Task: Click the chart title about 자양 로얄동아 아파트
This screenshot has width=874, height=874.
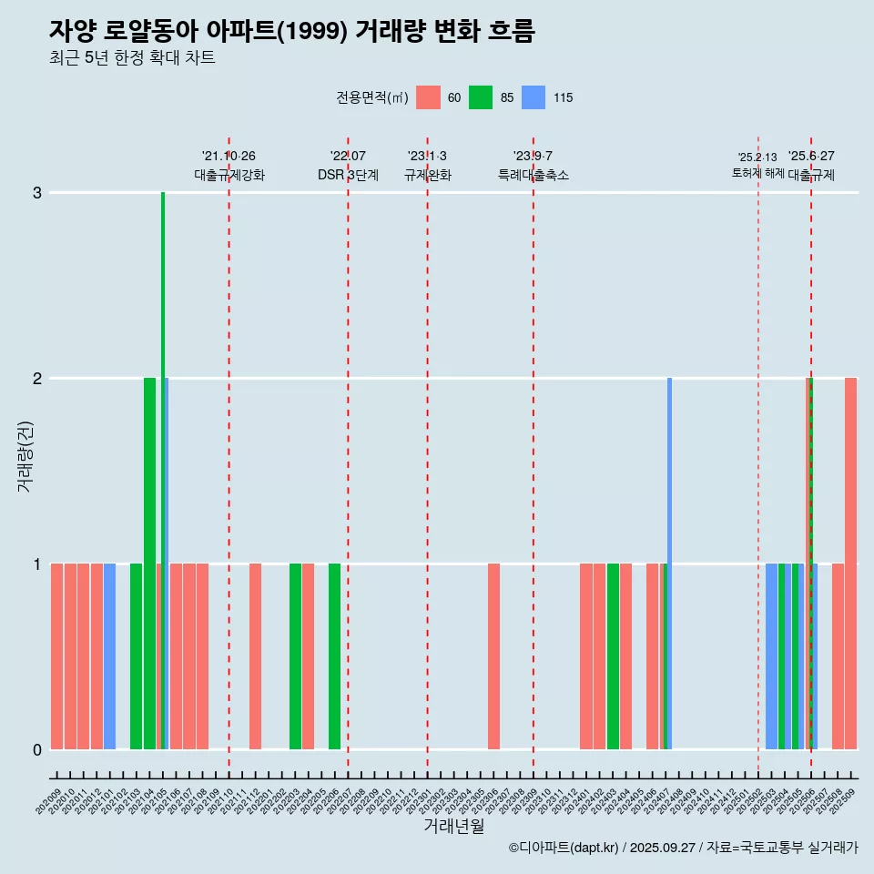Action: point(291,31)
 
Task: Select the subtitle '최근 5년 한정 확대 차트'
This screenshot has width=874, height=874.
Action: point(132,58)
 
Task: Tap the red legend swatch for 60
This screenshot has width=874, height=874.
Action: point(428,97)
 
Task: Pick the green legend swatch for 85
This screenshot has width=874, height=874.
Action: point(481,97)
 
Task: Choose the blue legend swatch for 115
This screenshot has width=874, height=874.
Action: point(534,97)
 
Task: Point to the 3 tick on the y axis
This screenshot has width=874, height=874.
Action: point(37,193)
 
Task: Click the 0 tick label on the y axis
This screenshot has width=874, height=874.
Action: point(37,749)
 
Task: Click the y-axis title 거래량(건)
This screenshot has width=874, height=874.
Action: point(25,455)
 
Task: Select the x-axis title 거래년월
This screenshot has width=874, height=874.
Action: point(453,826)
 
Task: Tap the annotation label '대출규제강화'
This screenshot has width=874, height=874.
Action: point(229,175)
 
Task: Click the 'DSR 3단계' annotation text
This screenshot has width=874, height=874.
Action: point(348,175)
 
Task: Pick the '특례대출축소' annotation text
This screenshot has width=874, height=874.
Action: point(533,175)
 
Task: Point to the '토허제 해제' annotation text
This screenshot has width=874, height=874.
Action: point(757,172)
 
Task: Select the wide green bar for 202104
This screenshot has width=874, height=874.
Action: point(149,564)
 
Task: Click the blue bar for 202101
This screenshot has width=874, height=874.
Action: point(109,656)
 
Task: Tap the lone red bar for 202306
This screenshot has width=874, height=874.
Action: point(493,656)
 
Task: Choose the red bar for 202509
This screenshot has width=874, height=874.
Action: point(850,564)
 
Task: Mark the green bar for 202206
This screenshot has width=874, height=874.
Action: point(334,656)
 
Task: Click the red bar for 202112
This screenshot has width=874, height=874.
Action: point(255,656)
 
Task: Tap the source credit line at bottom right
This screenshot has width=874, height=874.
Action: point(683,848)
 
